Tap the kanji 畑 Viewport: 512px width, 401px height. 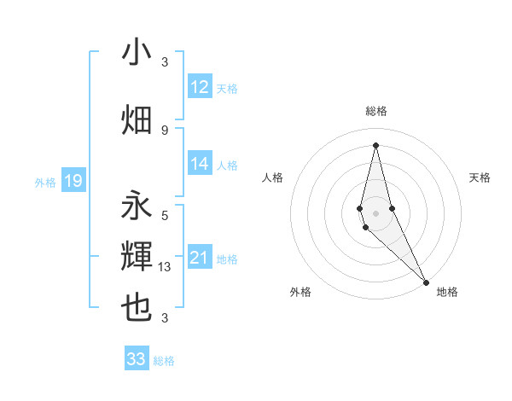click(137, 120)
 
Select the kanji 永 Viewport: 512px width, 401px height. click(137, 207)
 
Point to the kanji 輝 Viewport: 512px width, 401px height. click(137, 256)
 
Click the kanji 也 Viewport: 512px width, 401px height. click(137, 308)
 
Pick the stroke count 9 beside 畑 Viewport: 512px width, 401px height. click(165, 130)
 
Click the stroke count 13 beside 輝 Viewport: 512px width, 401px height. click(166, 267)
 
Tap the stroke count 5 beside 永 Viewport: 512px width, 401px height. click(165, 216)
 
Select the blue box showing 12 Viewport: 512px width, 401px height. click(200, 88)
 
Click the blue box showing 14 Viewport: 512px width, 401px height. click(200, 165)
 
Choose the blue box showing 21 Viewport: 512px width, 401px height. click(200, 259)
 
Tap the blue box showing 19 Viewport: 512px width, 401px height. click(73, 181)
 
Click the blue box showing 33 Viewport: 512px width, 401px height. click(137, 359)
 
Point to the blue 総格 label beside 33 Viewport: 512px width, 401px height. click(164, 361)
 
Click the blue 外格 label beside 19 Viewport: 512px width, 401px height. click(44, 182)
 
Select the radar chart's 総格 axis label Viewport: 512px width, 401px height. click(375, 111)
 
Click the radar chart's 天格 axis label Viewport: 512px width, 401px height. click(480, 177)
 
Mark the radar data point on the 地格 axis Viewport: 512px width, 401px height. click(426, 281)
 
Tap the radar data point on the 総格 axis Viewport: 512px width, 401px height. click(375, 144)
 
